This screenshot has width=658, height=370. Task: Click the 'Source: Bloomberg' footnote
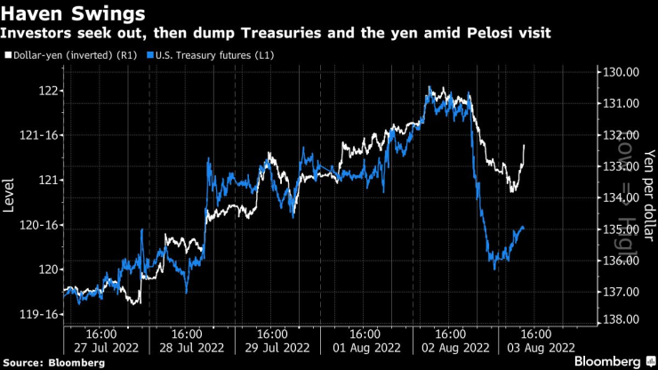(54, 363)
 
